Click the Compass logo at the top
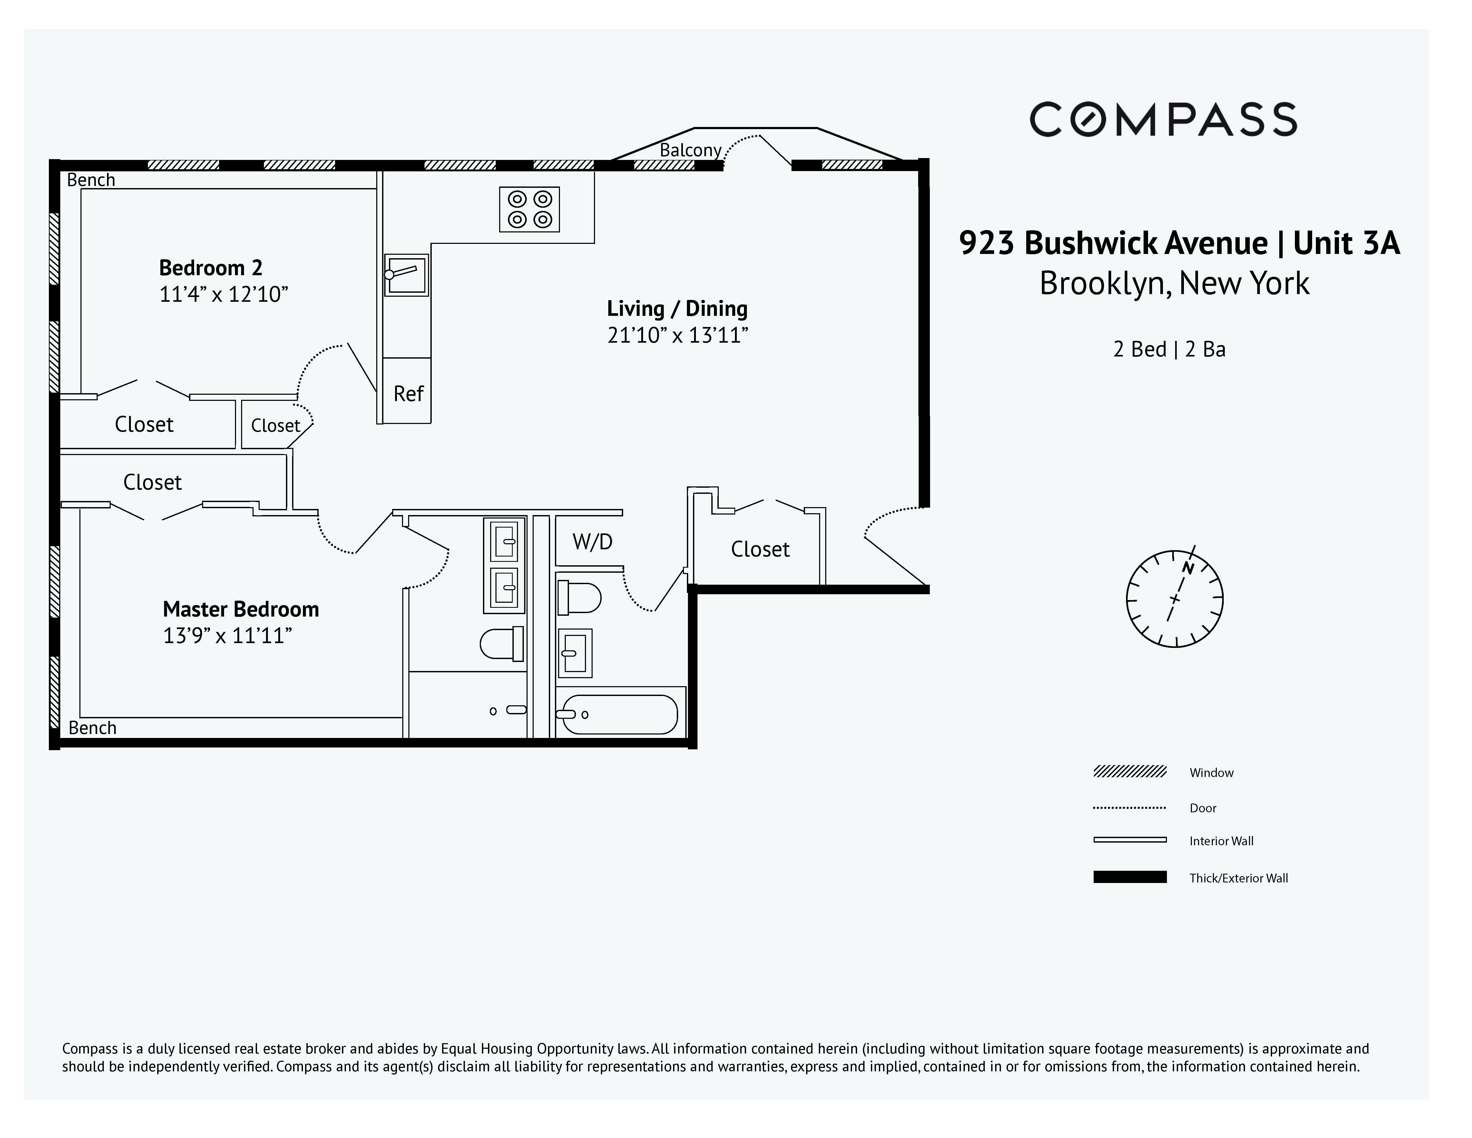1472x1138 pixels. (1163, 119)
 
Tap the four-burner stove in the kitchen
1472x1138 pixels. (529, 209)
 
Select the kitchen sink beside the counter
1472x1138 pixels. (406, 275)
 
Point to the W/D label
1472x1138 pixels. (592, 541)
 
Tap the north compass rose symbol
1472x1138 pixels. (1174, 599)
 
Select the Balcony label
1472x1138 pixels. (690, 150)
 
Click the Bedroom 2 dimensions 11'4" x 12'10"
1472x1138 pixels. (223, 295)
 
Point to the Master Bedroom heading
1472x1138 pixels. (241, 609)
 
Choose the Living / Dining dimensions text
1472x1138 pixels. (677, 335)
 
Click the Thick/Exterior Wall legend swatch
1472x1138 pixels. (1129, 877)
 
